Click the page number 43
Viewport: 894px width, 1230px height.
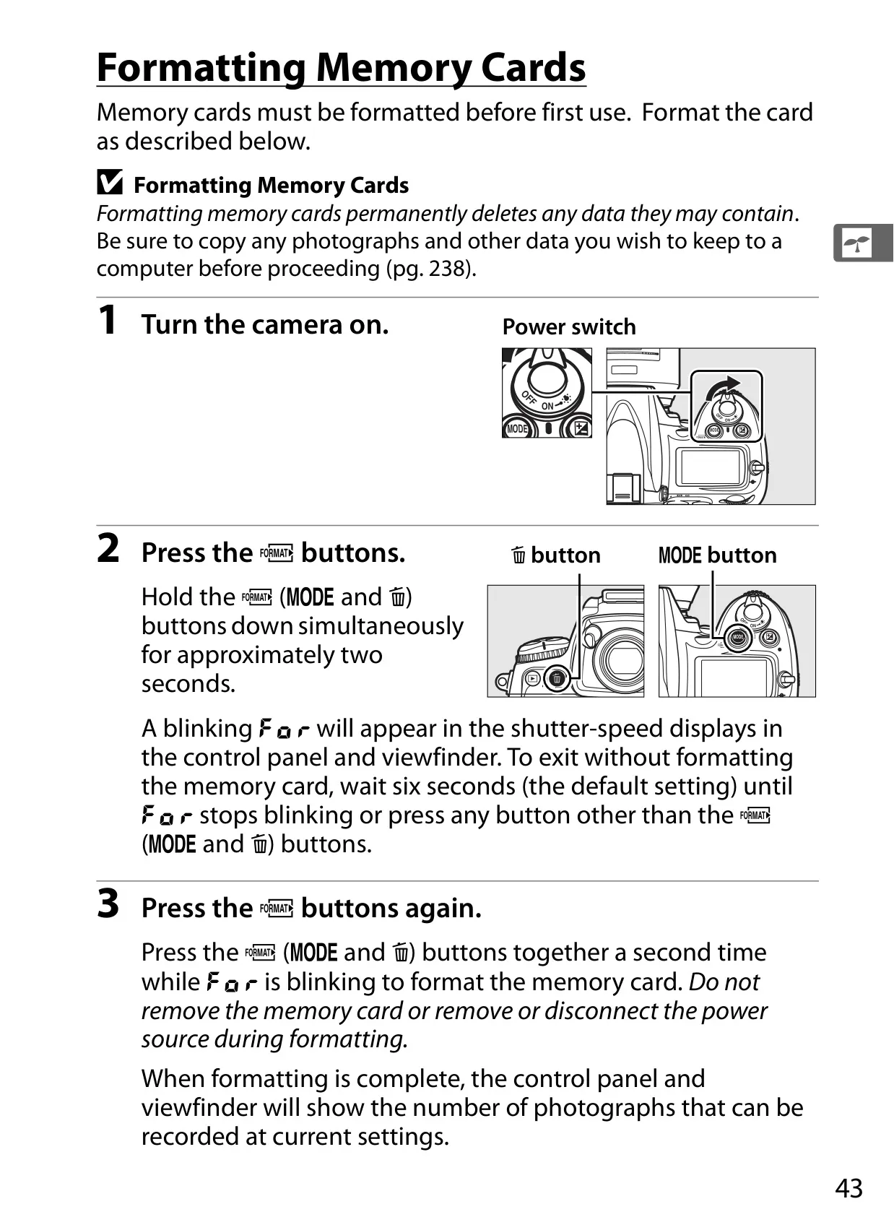[849, 1188]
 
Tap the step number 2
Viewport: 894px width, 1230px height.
[108, 548]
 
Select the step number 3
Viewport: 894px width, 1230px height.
[108, 904]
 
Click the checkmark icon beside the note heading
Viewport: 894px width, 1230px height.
[110, 182]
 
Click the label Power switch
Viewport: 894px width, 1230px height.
[569, 326]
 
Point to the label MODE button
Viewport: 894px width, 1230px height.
[717, 555]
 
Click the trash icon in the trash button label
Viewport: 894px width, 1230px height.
[518, 555]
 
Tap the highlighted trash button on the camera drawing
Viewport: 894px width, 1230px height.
[557, 679]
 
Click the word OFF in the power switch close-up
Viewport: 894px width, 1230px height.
[529, 397]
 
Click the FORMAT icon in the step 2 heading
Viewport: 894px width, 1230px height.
[277, 553]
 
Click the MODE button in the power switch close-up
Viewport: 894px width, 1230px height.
[517, 428]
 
